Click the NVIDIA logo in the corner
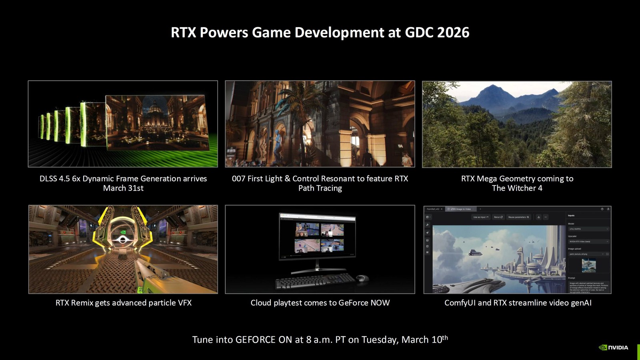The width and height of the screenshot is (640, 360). pyautogui.click(x=613, y=347)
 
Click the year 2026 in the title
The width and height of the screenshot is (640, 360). pyautogui.click(x=453, y=32)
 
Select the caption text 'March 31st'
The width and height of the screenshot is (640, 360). pyautogui.click(x=123, y=188)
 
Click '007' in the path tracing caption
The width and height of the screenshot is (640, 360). pyautogui.click(x=239, y=178)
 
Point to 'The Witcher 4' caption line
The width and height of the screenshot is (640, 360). pyautogui.click(x=517, y=188)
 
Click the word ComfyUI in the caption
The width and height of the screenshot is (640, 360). pyautogui.click(x=460, y=303)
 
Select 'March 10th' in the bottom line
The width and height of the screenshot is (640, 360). pyautogui.click(x=424, y=340)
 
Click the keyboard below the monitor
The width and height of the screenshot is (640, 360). pyautogui.click(x=315, y=282)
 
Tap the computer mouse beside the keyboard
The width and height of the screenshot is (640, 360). pyautogui.click(x=362, y=278)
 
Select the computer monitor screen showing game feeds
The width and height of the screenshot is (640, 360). pyautogui.click(x=318, y=237)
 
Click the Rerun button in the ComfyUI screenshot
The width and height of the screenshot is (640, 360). pyautogui.click(x=498, y=217)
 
